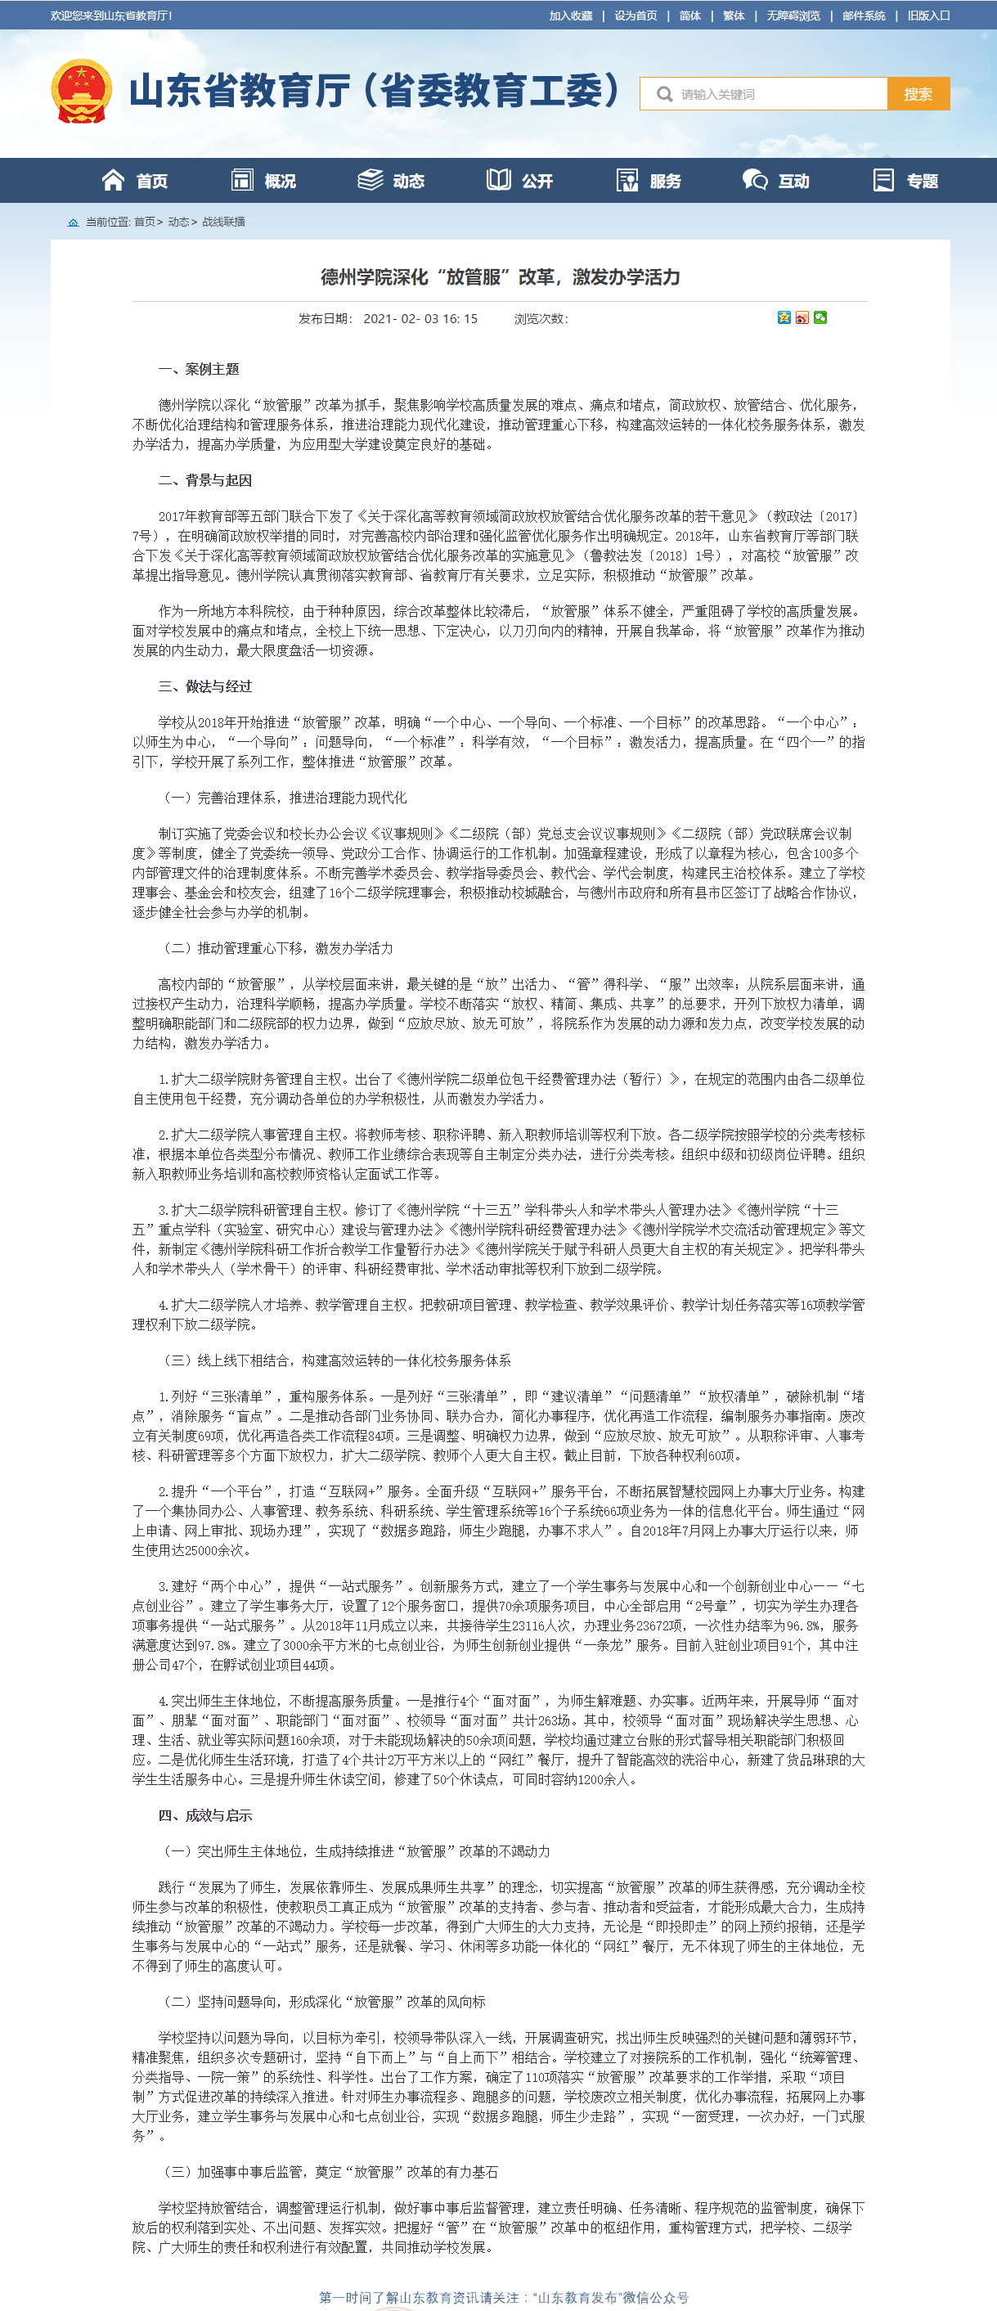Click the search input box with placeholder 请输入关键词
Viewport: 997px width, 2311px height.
tap(771, 94)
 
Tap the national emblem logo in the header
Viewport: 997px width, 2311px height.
tap(82, 92)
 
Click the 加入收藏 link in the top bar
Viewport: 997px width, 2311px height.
tap(570, 16)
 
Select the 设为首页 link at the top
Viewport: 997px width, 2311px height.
tap(635, 16)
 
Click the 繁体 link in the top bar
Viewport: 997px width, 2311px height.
tap(734, 16)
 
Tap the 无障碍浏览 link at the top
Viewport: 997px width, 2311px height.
tap(793, 16)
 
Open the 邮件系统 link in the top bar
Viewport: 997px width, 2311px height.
tap(863, 16)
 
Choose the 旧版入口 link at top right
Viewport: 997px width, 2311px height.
tap(928, 16)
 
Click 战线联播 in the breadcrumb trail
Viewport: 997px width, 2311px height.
tap(223, 222)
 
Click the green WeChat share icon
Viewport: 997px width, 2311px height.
tap(820, 317)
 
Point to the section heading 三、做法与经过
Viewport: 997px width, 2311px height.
tap(205, 686)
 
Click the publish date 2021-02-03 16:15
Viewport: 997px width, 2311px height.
tap(420, 318)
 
